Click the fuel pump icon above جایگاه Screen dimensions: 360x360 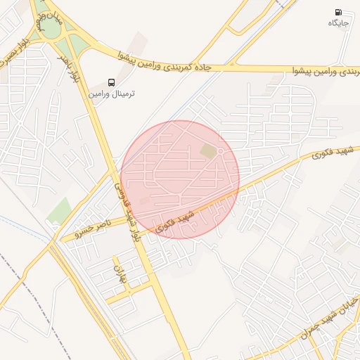pyautogui.click(x=340, y=13)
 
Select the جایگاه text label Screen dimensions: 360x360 pyautogui.click(x=338, y=23)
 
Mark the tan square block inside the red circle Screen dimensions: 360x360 pyautogui.click(x=208, y=151)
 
